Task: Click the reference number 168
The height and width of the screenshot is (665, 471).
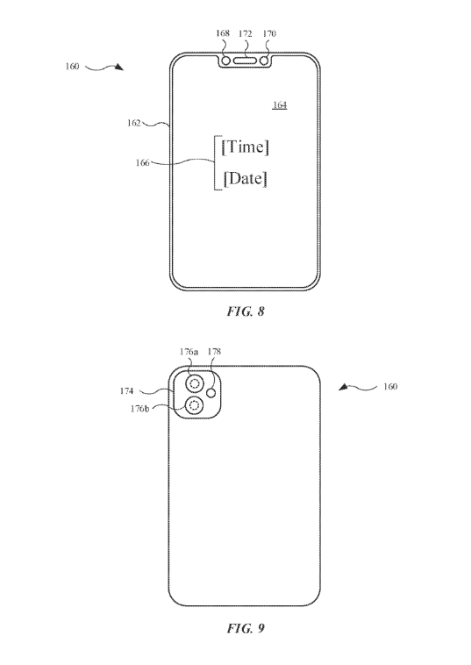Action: pyautogui.click(x=223, y=33)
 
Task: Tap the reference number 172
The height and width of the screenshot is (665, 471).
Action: pyautogui.click(x=246, y=33)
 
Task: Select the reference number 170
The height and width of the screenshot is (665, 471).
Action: pyautogui.click(x=269, y=33)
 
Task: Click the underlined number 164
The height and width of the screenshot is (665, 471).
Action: pyautogui.click(x=280, y=104)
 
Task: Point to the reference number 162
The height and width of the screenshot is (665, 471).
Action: pyautogui.click(x=133, y=123)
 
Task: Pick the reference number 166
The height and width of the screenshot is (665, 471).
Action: pyautogui.click(x=142, y=163)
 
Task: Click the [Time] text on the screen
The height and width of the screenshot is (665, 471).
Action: pyautogui.click(x=246, y=147)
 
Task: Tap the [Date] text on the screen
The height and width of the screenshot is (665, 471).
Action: pyautogui.click(x=245, y=179)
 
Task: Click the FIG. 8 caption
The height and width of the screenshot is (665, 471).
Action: pyautogui.click(x=246, y=311)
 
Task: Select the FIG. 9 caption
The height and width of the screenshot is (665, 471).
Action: pyautogui.click(x=246, y=628)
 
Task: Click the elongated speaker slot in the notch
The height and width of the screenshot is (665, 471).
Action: pyautogui.click(x=246, y=61)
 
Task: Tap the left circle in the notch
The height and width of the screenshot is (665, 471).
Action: pyautogui.click(x=226, y=61)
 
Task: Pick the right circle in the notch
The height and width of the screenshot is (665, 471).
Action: pyautogui.click(x=265, y=61)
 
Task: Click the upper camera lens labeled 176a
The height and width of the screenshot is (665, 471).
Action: pyautogui.click(x=195, y=384)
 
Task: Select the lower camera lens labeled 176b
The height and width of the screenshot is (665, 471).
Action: pyautogui.click(x=195, y=406)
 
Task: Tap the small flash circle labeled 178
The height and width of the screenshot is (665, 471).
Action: pyautogui.click(x=211, y=393)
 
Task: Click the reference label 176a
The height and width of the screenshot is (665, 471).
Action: pyautogui.click(x=189, y=352)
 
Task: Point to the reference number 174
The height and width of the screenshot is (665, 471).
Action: pyautogui.click(x=126, y=390)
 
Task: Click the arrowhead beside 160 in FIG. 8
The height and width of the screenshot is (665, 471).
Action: pyautogui.click(x=118, y=67)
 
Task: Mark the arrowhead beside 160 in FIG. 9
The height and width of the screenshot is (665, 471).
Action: pyautogui.click(x=344, y=387)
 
